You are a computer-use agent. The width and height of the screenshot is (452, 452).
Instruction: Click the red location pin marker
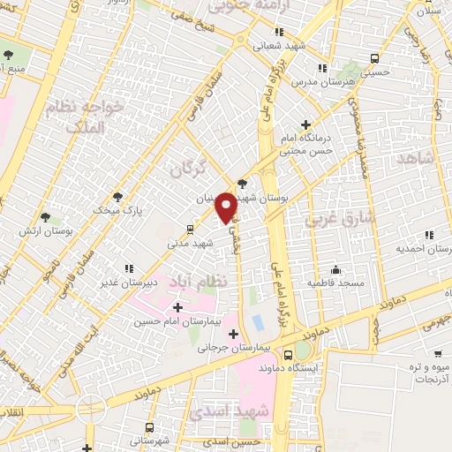tap(226, 206)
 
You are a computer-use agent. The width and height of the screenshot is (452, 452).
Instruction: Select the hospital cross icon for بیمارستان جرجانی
tap(234, 334)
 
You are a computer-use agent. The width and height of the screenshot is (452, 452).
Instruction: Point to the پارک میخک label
tap(119, 210)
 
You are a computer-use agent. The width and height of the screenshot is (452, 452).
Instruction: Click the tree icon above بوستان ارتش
tap(45, 215)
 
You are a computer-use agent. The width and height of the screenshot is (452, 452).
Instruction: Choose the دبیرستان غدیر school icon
tap(128, 267)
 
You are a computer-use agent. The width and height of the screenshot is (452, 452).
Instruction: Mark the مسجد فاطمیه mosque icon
tap(336, 268)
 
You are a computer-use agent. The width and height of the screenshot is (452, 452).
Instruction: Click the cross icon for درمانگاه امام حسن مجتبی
tap(305, 125)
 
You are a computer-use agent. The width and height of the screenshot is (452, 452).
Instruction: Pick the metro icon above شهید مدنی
tap(191, 229)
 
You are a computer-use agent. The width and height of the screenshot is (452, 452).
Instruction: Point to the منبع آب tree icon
tap(8, 55)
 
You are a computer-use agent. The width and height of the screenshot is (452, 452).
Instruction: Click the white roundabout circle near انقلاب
tap(90, 408)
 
